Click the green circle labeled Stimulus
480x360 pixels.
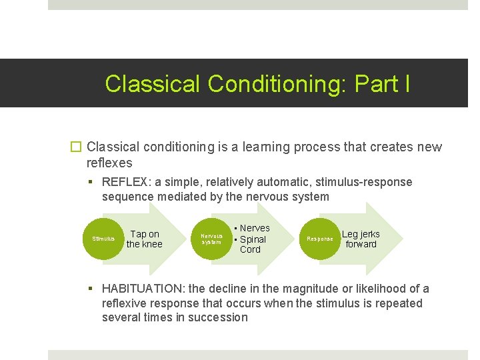click(103, 239)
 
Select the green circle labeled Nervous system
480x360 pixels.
click(211, 239)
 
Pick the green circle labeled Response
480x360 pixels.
click(319, 239)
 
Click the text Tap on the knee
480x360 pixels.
click(144, 239)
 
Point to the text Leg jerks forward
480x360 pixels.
click(361, 239)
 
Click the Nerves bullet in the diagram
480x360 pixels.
click(254, 228)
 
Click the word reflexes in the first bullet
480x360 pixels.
click(109, 163)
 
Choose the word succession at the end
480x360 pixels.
click(219, 317)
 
